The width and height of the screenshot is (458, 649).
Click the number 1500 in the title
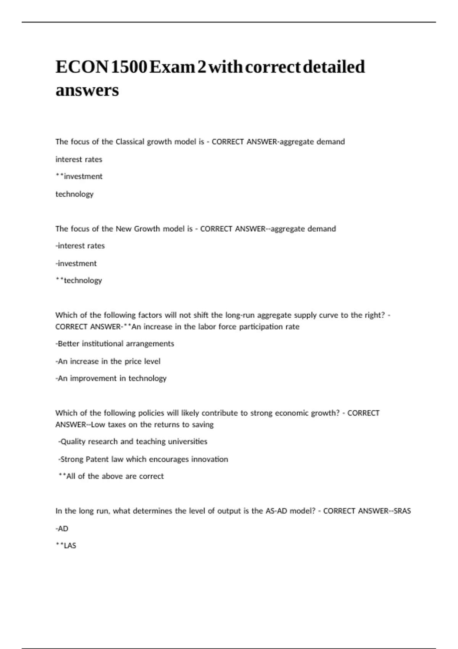129,67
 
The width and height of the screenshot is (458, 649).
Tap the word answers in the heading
87,90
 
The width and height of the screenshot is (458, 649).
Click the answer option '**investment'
79,176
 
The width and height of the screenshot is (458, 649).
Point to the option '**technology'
79,280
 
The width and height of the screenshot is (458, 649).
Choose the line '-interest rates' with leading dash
80,246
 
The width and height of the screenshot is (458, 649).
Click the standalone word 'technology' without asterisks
74,194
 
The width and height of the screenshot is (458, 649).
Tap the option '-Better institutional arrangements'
115,344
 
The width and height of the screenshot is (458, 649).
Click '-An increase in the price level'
108,361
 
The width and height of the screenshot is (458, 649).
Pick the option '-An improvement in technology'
111,378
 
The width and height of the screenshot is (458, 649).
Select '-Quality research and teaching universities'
133,442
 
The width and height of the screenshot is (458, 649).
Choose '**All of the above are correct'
111,476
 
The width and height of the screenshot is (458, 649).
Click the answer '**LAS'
66,546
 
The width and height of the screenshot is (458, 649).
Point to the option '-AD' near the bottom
62,529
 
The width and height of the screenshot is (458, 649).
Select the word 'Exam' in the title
172,67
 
